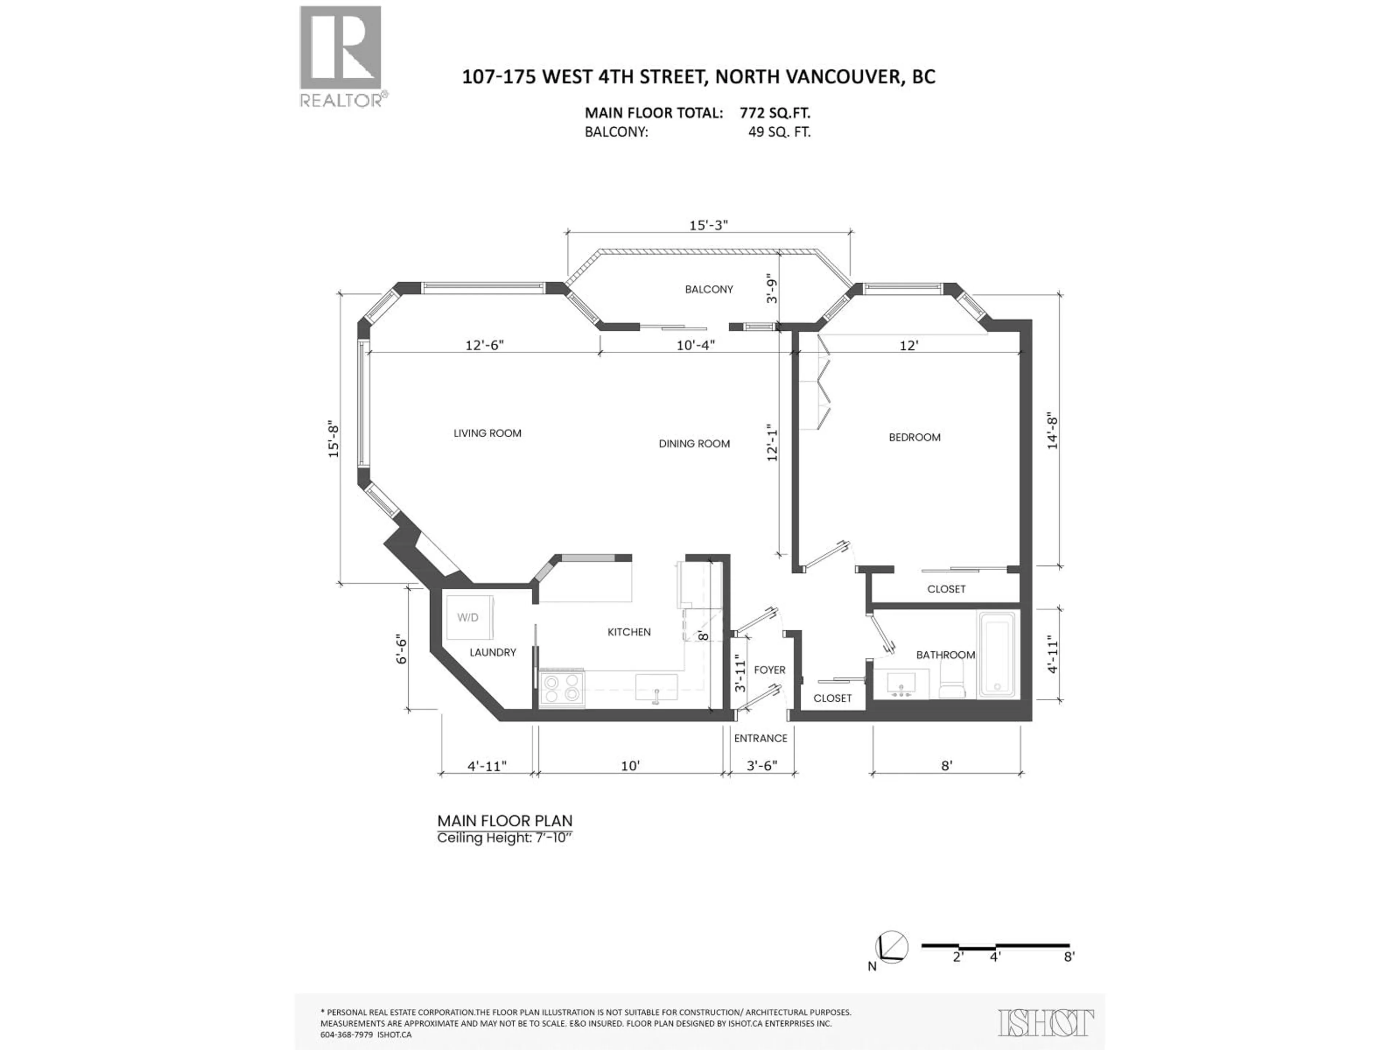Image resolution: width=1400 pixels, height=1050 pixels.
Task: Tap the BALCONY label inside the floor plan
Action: [x=708, y=289]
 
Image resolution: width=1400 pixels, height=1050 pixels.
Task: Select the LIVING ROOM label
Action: [x=487, y=433]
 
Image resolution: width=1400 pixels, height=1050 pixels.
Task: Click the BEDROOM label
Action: [x=914, y=437]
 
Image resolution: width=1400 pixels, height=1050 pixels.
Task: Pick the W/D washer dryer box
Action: [x=468, y=618]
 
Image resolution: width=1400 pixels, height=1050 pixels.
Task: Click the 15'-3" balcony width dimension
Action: [x=708, y=225]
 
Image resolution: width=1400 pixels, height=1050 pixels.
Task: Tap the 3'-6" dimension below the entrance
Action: [x=761, y=766]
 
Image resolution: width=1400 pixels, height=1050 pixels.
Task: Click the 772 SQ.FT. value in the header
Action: [x=775, y=113]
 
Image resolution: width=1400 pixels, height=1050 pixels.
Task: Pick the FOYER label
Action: [x=770, y=670]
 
